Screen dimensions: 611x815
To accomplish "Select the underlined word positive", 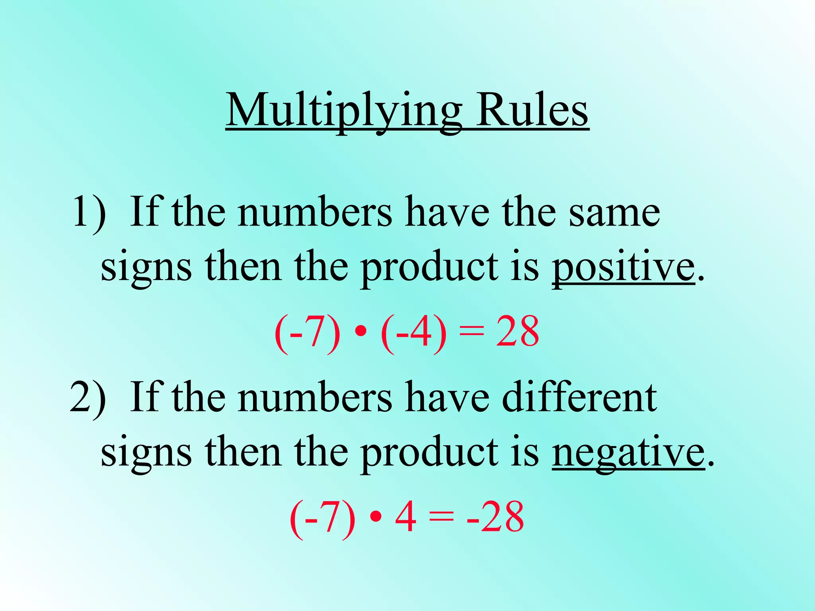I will [x=623, y=267].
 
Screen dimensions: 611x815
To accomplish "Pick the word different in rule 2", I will [x=579, y=398].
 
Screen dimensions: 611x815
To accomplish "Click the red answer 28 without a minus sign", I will [x=517, y=332].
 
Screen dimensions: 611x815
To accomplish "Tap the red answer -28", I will [x=495, y=517].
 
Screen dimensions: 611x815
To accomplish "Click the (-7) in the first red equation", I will [x=307, y=333].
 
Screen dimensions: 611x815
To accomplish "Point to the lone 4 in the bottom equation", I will [x=406, y=517].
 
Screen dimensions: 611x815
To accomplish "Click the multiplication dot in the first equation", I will [x=360, y=333].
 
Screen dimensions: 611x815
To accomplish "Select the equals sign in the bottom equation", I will [x=441, y=517].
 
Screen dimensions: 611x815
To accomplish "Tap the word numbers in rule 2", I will [x=315, y=398].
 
